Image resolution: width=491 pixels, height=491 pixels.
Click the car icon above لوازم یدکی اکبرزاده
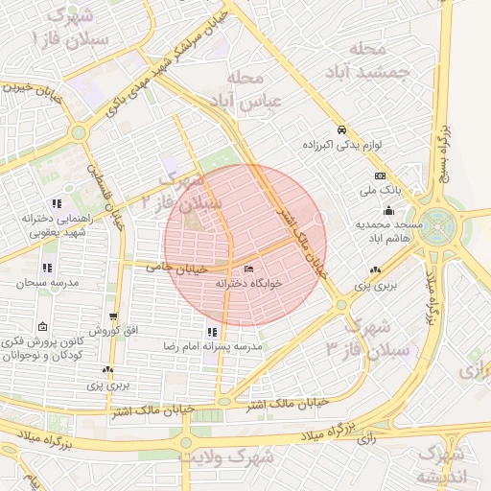tap(340, 129)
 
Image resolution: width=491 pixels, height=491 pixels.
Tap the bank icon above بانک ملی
tap(380, 176)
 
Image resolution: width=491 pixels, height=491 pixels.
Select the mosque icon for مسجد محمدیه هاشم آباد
tap(388, 211)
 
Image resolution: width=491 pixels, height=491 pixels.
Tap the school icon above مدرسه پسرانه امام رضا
tap(212, 332)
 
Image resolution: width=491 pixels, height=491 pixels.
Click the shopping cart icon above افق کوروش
tap(114, 317)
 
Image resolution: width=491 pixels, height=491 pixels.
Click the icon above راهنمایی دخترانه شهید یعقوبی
tap(57, 203)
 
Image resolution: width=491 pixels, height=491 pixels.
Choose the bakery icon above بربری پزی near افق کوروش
tap(108, 369)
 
